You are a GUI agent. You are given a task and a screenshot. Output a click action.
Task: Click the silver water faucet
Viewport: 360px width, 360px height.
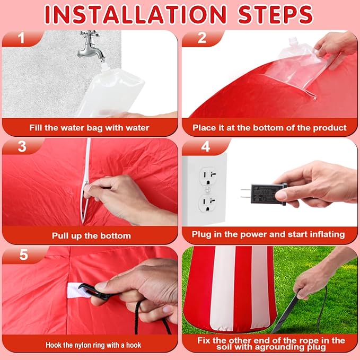[91, 46]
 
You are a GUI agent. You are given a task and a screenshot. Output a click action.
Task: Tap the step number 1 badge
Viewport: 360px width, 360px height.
[21, 38]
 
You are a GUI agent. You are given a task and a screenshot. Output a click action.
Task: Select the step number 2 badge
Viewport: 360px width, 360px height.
[202, 38]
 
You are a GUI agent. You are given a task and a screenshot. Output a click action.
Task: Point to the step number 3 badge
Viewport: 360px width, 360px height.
[22, 146]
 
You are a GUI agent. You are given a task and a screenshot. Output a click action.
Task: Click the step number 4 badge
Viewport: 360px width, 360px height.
[206, 146]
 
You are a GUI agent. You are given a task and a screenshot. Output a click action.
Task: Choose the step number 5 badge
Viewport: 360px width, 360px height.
[24, 255]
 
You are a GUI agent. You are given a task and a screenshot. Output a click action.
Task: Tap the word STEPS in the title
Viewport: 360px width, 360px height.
[275, 15]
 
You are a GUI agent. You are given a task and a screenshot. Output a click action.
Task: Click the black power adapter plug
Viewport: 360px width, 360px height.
[264, 194]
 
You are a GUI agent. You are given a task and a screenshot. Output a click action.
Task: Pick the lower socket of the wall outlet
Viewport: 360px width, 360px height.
[208, 204]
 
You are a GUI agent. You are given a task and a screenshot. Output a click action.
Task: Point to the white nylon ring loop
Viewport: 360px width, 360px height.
[75, 290]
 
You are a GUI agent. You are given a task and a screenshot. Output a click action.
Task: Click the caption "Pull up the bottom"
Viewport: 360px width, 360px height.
[91, 236]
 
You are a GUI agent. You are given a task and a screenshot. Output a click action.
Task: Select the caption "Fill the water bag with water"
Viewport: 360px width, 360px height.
[89, 128]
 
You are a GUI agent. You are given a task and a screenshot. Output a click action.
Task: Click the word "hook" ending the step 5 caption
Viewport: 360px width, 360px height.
[134, 345]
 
